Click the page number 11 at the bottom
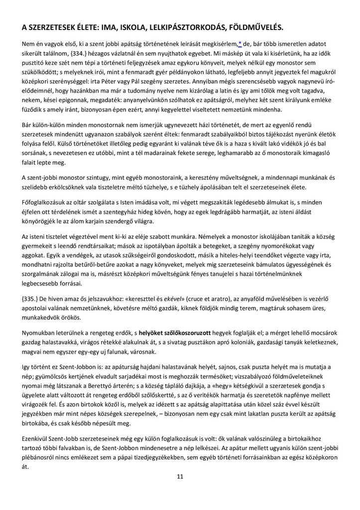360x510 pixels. (x=180, y=477)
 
